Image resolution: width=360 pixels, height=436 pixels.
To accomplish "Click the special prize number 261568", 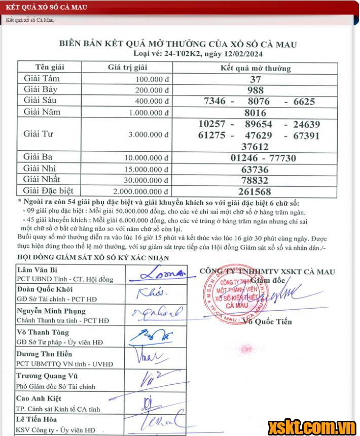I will click(255, 191).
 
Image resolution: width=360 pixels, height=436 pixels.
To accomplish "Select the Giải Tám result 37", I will click(255, 79).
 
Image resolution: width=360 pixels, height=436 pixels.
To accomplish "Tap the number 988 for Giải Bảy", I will click(255, 90).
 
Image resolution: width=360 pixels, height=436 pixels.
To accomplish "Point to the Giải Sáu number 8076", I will click(259, 102).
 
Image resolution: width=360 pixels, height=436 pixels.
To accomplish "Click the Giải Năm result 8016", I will click(255, 113).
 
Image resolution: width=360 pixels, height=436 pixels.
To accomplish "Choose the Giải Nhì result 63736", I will click(255, 169).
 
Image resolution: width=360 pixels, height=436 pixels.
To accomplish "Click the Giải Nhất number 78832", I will click(255, 180).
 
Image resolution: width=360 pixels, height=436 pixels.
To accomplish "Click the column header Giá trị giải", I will click(127, 68).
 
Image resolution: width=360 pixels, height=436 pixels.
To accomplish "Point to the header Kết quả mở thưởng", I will click(256, 68).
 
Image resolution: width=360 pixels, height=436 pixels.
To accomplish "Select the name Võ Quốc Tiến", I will click(267, 321).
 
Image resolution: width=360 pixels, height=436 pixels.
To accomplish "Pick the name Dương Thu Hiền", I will click(44, 354).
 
